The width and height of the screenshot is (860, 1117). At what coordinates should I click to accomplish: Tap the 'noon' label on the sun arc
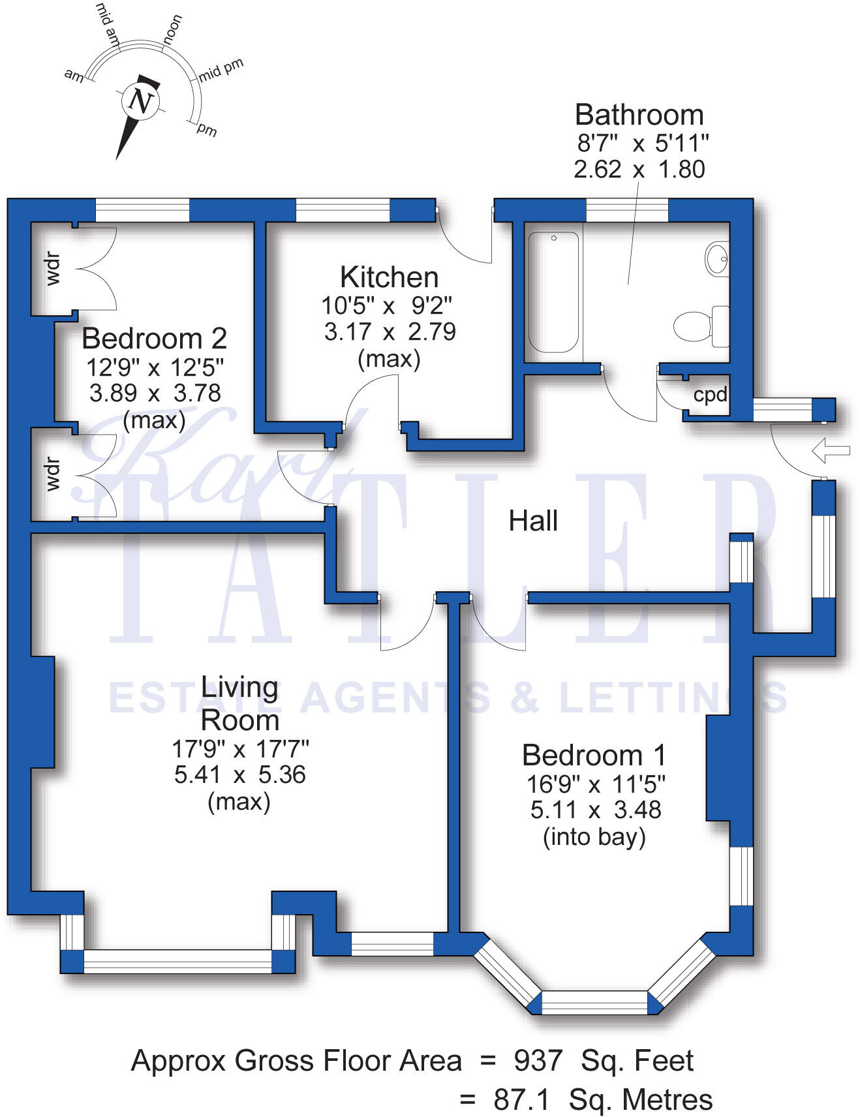click(x=172, y=30)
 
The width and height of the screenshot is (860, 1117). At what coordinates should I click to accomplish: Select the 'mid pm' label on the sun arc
click(x=221, y=69)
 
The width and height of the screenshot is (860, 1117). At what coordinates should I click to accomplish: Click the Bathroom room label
click(x=639, y=115)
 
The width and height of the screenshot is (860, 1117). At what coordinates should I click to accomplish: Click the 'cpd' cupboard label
click(x=710, y=395)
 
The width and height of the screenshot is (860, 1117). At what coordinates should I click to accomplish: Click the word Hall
click(x=533, y=521)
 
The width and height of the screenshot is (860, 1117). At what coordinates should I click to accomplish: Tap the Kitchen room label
click(x=389, y=277)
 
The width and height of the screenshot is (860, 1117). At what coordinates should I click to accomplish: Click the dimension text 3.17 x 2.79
click(x=390, y=331)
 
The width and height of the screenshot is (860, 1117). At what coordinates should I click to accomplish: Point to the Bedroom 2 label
click(x=154, y=339)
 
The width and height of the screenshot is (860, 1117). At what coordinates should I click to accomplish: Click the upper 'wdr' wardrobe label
click(x=52, y=269)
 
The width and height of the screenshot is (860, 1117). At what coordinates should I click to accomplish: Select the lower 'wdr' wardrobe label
click(x=52, y=474)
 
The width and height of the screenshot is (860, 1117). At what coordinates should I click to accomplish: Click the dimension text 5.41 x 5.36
click(x=239, y=774)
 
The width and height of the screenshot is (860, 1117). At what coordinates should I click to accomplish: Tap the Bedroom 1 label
click(x=594, y=756)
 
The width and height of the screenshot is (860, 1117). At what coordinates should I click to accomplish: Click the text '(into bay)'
click(x=594, y=836)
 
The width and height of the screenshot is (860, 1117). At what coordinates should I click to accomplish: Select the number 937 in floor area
click(x=538, y=1061)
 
